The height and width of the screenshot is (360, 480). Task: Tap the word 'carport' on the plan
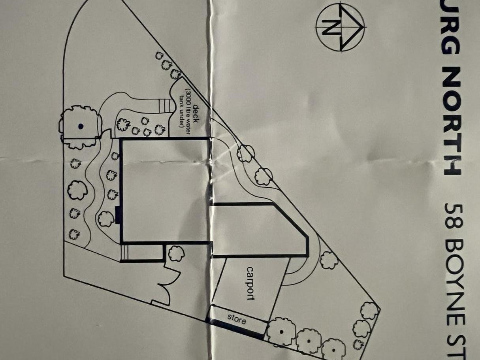pos(250,283)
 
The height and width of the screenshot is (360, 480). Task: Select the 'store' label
pos(237,319)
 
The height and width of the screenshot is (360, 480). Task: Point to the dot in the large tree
pos(81,126)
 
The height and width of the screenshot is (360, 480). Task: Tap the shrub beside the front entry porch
pos(176,253)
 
